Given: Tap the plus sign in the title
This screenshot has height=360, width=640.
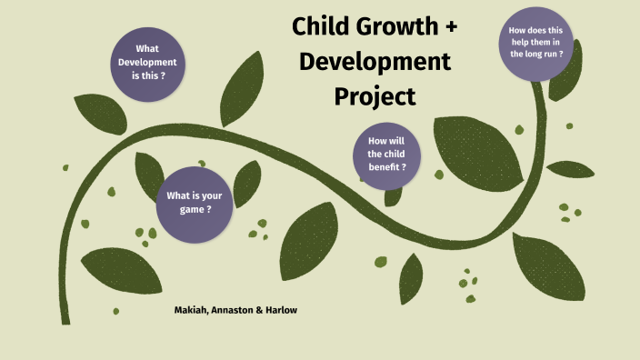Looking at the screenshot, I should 451,26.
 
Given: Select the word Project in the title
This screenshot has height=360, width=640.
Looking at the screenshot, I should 375,95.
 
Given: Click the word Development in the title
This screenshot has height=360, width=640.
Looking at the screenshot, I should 375,61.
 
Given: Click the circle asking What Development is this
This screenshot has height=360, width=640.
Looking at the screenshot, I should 148,63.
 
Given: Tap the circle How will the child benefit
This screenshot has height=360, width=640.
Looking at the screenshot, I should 386,155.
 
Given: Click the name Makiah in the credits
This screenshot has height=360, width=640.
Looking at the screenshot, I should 192,310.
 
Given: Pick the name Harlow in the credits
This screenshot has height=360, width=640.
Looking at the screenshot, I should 279,310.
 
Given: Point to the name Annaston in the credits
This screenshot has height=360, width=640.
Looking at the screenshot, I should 234,310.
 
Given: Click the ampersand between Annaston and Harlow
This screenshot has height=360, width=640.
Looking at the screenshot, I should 258,310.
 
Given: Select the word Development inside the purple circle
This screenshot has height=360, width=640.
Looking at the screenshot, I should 148,62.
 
